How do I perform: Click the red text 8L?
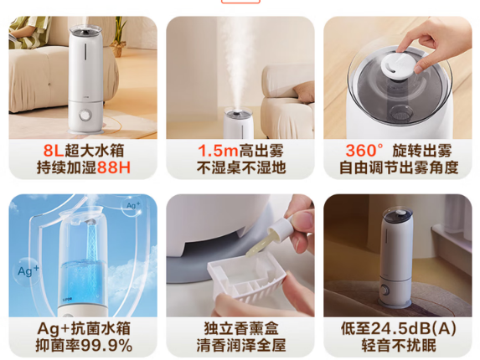53,150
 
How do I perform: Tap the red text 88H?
114,167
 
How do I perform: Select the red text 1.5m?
218,150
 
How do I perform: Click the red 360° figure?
364,150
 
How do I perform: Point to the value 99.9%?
107,346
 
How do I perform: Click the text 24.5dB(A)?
413,329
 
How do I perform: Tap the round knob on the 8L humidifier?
85,116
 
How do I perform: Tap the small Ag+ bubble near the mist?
132,206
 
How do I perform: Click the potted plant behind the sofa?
119,37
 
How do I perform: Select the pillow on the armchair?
304,92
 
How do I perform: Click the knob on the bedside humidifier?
385,290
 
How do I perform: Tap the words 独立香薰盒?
241,329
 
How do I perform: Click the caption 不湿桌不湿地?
241,167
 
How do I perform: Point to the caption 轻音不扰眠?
399,346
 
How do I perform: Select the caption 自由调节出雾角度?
399,167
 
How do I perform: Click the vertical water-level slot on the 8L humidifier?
85,51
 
